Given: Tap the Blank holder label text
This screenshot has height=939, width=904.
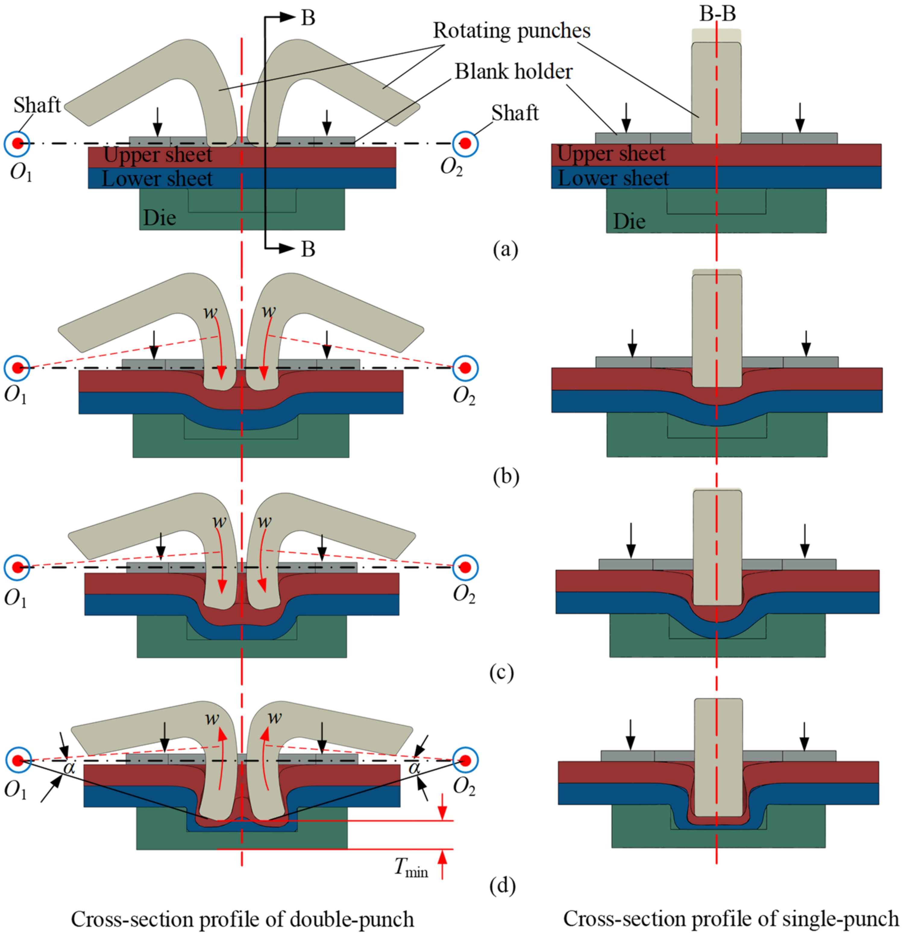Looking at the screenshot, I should [x=513, y=72].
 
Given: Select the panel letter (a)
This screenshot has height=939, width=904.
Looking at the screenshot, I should [x=505, y=249].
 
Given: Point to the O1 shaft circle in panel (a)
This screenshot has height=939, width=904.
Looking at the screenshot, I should [x=17, y=143].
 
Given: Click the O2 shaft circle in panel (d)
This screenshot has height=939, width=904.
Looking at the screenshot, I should [x=465, y=760].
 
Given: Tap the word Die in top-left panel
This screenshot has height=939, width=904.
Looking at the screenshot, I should [x=159, y=218].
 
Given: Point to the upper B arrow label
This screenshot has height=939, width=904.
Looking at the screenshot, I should [x=308, y=18].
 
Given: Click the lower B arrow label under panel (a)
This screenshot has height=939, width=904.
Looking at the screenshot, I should [x=308, y=249].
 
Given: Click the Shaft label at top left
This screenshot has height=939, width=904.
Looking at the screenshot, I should [x=37, y=105].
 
